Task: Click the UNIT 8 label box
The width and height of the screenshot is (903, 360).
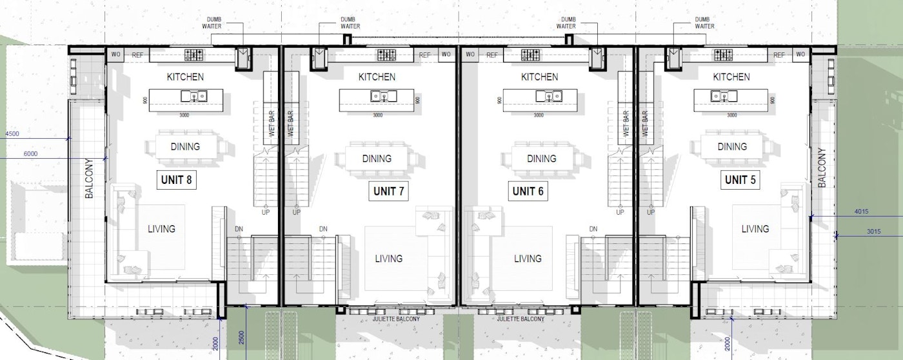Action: [177, 180]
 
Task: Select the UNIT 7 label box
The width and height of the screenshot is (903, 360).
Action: [389, 191]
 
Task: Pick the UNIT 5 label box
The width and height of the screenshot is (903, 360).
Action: [740, 180]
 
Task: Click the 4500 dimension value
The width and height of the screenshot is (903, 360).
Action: [12, 134]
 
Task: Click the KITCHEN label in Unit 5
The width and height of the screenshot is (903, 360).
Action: [731, 77]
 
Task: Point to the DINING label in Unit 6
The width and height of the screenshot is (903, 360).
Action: [542, 159]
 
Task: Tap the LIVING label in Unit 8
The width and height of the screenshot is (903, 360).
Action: [161, 228]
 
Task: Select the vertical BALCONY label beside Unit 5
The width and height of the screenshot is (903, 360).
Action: [822, 168]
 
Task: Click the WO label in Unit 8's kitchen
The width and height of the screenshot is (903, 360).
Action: [115, 55]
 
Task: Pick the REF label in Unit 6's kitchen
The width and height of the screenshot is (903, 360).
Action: [492, 55]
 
